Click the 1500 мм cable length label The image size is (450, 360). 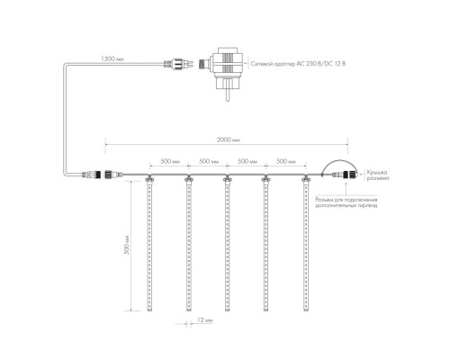[112, 58]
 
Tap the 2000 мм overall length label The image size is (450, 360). [229, 139]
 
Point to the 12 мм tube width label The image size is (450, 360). [205, 320]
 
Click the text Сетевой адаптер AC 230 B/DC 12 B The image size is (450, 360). [298, 64]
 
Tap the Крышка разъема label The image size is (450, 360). [378, 175]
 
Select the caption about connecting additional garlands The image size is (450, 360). [346, 202]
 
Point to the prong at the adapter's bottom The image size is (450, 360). [228, 95]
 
